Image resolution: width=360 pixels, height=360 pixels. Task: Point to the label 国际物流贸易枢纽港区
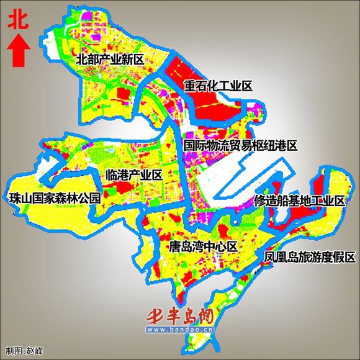(241, 145)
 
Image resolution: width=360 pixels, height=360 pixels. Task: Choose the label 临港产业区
(134, 176)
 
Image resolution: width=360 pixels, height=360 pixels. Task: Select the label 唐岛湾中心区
(203, 247)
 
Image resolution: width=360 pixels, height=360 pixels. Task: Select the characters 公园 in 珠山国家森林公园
(89, 199)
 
